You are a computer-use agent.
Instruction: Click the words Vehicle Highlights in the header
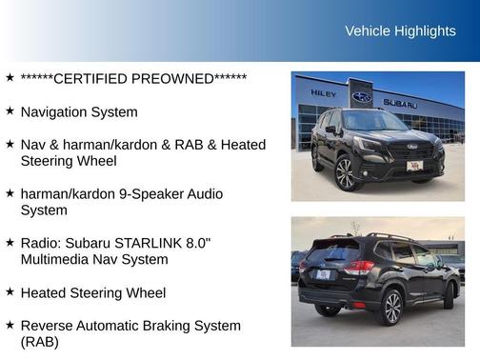pyautogui.click(x=400, y=31)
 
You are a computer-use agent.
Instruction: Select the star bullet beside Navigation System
pyautogui.click(x=10, y=111)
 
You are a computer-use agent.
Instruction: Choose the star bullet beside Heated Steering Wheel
pyautogui.click(x=10, y=292)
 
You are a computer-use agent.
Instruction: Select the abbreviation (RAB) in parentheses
pyautogui.click(x=39, y=342)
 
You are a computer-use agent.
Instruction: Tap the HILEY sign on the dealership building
pyautogui.click(x=324, y=93)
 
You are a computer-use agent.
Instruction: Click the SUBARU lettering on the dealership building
pyautogui.click(x=400, y=103)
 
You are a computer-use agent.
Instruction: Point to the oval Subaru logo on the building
pyautogui.click(x=362, y=97)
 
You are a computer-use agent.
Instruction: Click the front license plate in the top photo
pyautogui.click(x=414, y=166)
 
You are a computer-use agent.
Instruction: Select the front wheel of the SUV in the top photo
pyautogui.click(x=346, y=173)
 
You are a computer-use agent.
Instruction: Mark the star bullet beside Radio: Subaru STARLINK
pyautogui.click(x=10, y=243)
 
